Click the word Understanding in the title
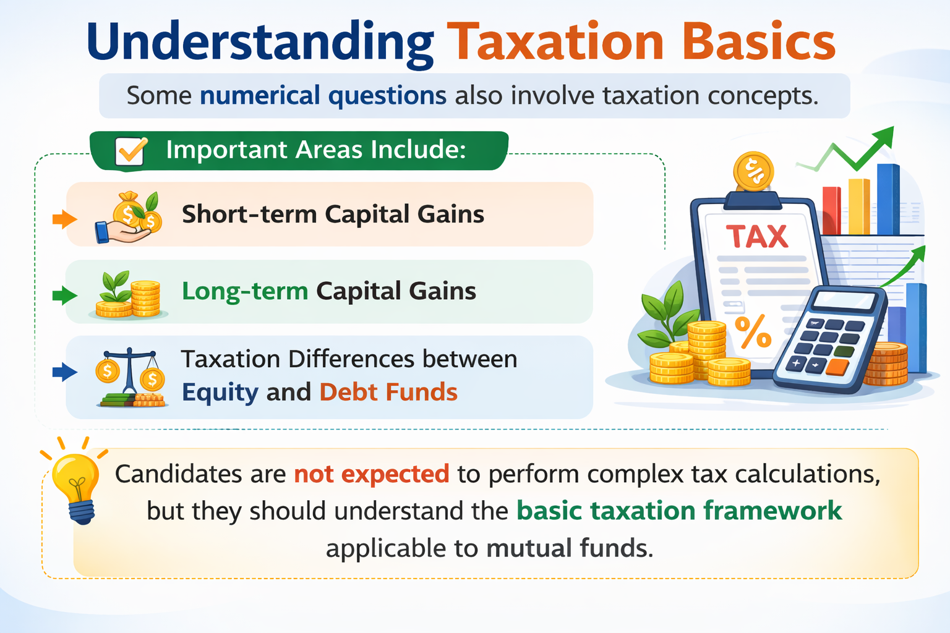pyautogui.click(x=260, y=42)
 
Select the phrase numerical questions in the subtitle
pyautogui.click(x=323, y=96)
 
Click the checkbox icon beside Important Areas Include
pyautogui.click(x=131, y=151)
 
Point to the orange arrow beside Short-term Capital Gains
pyautogui.click(x=64, y=219)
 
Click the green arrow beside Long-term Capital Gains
pyautogui.click(x=64, y=295)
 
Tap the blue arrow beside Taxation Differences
pyautogui.click(x=64, y=372)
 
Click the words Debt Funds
pyautogui.click(x=388, y=393)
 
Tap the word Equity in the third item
pyautogui.click(x=220, y=393)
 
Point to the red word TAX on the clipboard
pyautogui.click(x=757, y=237)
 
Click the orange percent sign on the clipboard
pyautogui.click(x=753, y=332)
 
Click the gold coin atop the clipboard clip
pyautogui.click(x=753, y=171)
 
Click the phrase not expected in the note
pyautogui.click(x=371, y=474)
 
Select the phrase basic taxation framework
pyautogui.click(x=679, y=511)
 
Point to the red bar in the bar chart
pyautogui.click(x=831, y=210)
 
